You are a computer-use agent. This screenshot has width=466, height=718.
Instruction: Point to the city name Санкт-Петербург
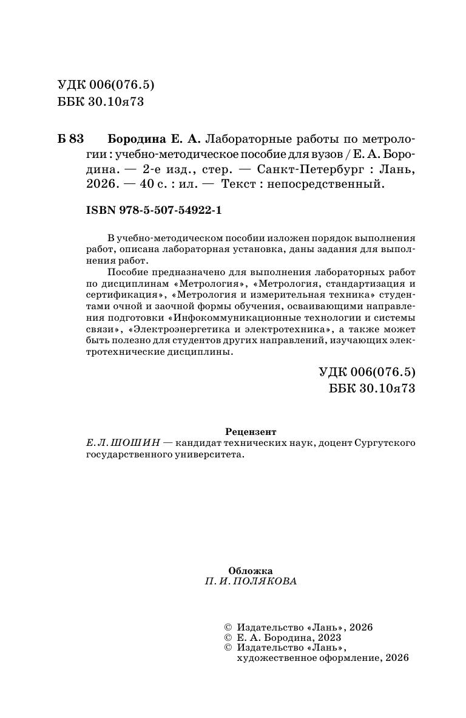pos(303,169)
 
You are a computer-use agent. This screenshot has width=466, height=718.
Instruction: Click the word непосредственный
pos(334,185)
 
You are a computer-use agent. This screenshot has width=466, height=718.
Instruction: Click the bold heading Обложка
pos(250,570)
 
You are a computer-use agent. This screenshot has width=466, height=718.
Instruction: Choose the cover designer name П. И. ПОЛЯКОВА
pos(251,581)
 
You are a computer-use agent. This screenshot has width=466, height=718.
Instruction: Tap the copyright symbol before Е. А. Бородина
pos(228,638)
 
